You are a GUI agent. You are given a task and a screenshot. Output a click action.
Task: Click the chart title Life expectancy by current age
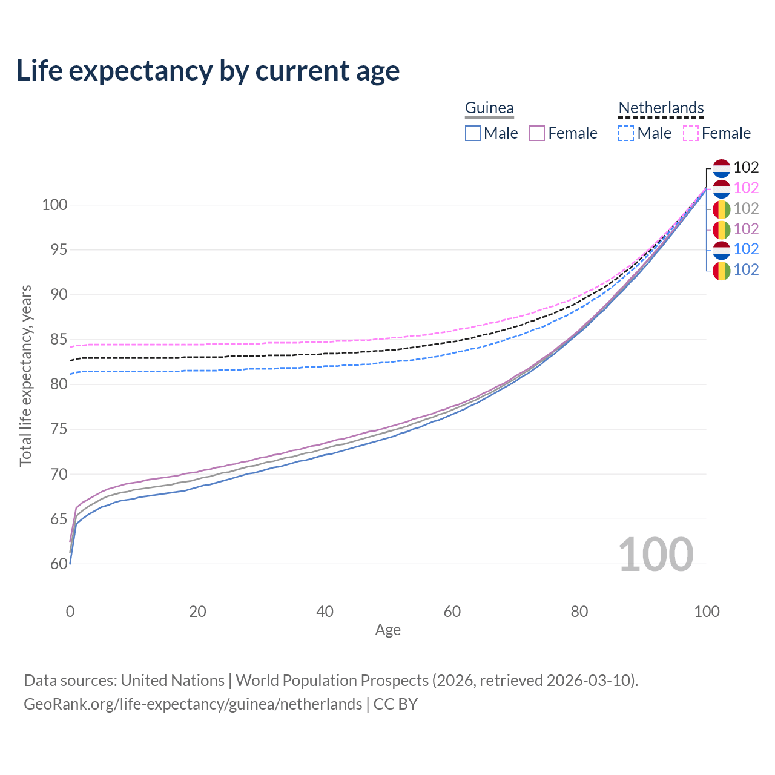[208, 71]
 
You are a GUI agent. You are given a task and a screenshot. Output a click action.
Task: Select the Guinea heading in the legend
[489, 108]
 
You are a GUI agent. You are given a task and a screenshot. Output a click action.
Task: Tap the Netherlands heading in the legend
[661, 108]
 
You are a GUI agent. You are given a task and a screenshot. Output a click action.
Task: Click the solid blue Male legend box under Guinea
[473, 133]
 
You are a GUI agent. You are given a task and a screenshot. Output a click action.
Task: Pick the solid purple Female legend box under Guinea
[537, 133]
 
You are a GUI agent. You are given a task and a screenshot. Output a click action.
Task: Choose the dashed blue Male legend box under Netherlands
[626, 133]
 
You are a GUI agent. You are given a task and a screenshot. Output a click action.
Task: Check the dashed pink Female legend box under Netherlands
[691, 133]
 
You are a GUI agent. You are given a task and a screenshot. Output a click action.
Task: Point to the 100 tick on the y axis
[54, 205]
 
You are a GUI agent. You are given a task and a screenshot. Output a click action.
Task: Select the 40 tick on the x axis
[325, 612]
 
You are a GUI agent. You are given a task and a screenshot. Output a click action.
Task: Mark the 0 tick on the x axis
[70, 612]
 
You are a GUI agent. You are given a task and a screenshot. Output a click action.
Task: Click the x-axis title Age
[387, 630]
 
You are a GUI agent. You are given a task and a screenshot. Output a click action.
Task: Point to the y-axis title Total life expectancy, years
[25, 376]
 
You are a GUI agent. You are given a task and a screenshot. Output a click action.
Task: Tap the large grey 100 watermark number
[655, 555]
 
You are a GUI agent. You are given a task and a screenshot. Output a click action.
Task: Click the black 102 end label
[746, 167]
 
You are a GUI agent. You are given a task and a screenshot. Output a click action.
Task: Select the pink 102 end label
[746, 188]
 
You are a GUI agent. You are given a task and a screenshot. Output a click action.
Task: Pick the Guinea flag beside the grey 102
[721, 209]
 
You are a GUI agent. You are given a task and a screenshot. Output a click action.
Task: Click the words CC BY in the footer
[395, 704]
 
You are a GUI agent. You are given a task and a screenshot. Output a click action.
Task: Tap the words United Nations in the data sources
[173, 681]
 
